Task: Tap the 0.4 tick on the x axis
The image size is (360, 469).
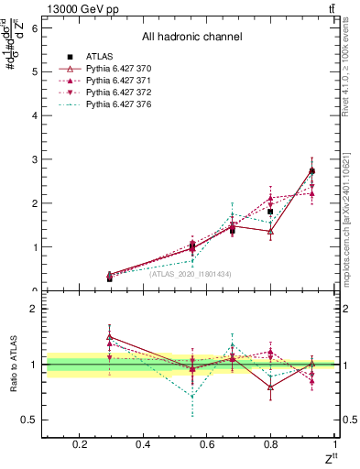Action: (x=143, y=444)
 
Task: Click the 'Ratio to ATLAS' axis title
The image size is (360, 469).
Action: (x=13, y=365)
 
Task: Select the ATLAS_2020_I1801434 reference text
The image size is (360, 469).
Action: (x=191, y=274)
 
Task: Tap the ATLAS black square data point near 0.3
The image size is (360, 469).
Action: (x=110, y=278)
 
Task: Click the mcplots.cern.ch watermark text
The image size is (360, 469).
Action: (x=354, y=220)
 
